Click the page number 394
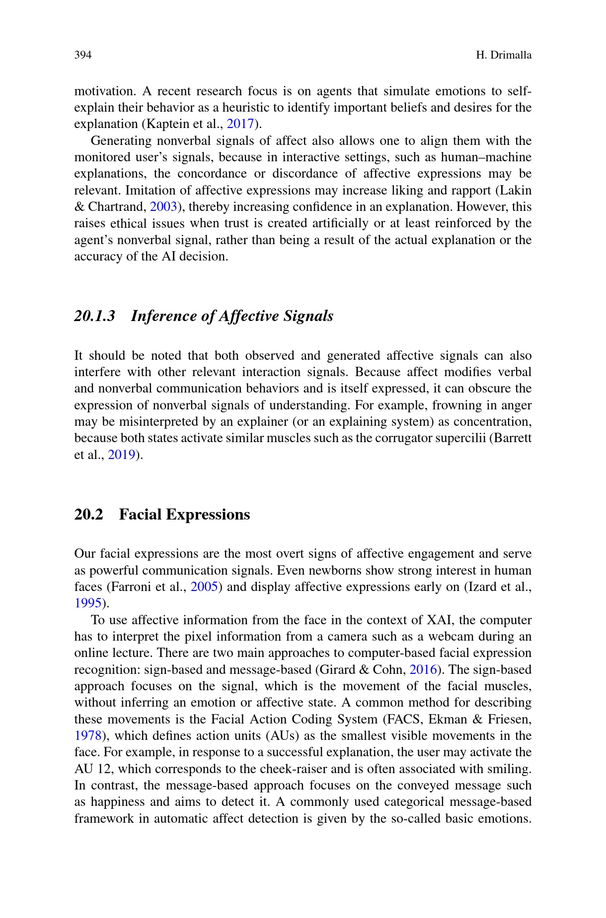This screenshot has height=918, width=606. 83,55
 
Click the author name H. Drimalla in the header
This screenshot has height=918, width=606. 503,55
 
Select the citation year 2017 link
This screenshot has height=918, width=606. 240,124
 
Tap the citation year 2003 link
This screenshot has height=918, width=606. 163,207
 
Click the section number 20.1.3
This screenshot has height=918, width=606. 94,316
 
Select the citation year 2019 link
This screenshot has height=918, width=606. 122,455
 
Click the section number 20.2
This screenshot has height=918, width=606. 88,515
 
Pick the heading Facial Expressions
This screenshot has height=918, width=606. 184,515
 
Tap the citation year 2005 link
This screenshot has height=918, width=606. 205,587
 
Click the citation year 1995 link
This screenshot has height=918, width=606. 88,603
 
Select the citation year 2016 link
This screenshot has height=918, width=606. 423,670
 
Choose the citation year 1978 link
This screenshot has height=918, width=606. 88,736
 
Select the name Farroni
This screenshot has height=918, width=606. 140,587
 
